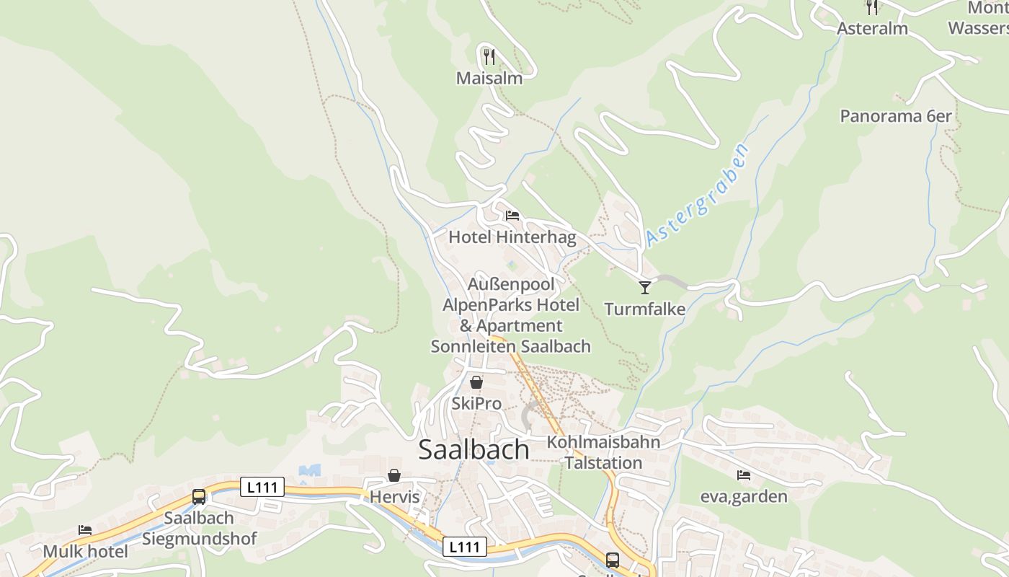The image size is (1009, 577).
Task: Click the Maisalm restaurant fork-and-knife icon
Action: [489, 56]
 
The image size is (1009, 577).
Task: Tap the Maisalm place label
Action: [489, 78]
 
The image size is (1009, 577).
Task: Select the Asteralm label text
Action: [872, 29]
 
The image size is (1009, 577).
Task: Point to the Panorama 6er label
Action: [895, 115]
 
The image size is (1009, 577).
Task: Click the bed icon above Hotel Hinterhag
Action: [512, 216]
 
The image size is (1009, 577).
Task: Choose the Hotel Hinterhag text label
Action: [512, 237]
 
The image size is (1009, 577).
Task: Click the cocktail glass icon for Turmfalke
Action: [644, 288]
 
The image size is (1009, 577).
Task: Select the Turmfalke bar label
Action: [644, 309]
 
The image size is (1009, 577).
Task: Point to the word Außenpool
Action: [511, 284]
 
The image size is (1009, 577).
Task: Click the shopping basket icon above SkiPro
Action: [476, 382]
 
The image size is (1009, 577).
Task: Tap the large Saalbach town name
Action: [474, 449]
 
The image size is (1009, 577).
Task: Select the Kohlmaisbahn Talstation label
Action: [603, 452]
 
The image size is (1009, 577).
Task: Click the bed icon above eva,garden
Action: [744, 475]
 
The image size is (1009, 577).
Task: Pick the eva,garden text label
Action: [744, 497]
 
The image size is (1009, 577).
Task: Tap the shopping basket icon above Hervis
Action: [394, 475]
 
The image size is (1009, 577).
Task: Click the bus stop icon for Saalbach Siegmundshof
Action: [198, 496]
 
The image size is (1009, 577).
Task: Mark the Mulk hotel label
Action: [85, 552]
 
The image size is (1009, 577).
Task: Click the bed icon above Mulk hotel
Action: [85, 530]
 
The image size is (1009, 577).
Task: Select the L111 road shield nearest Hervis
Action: [262, 488]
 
